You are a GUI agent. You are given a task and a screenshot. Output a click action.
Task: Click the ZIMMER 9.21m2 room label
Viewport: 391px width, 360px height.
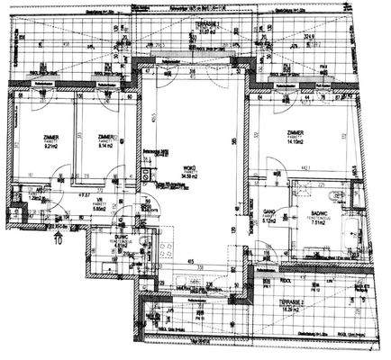(x=50, y=145)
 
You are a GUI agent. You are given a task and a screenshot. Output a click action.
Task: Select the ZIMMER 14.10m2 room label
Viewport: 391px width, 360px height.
(x=296, y=138)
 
